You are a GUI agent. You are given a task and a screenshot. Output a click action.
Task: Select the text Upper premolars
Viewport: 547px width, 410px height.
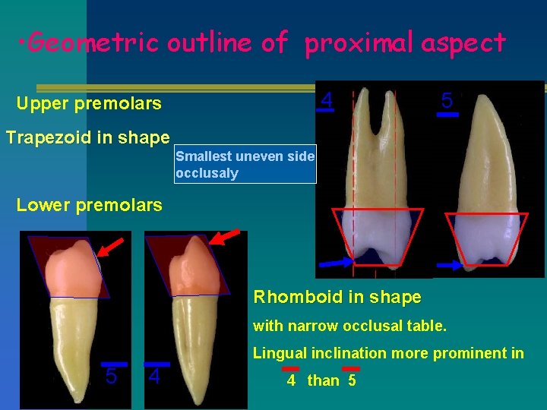[x=89, y=103]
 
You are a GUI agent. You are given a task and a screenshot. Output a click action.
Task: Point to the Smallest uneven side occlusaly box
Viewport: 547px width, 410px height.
[x=245, y=165]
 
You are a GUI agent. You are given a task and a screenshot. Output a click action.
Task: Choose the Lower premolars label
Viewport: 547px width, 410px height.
[x=89, y=204]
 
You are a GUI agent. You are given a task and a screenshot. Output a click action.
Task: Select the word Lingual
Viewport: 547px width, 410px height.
[x=280, y=353]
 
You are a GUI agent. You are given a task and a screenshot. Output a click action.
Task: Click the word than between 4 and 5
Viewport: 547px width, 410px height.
[x=323, y=380]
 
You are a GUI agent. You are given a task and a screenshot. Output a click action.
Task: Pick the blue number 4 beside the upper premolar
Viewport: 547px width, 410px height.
[x=326, y=100]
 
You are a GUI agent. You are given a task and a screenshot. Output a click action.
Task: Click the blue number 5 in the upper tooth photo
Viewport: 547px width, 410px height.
[x=447, y=100]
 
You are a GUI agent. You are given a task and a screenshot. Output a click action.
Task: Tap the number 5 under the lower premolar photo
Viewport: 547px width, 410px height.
[x=111, y=377]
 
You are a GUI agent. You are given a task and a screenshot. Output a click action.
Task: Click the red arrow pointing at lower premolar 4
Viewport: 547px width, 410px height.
[x=225, y=237]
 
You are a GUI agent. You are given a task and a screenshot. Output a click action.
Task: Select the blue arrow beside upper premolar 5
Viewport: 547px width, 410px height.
[x=449, y=266]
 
